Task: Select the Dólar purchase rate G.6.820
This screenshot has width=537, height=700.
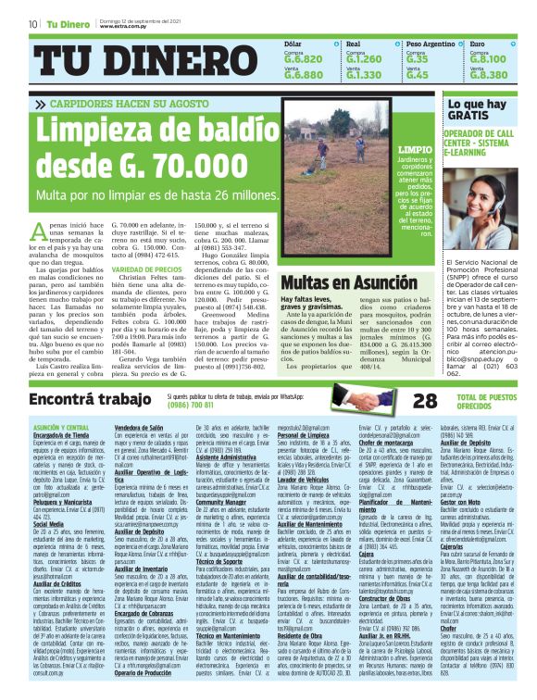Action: click(304, 58)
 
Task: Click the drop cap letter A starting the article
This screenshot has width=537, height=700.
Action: click(39, 232)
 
